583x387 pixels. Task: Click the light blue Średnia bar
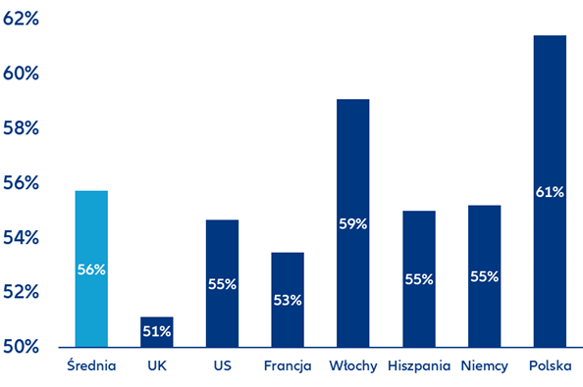[91, 268]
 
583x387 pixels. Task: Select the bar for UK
[157, 332]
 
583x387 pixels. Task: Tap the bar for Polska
[550, 191]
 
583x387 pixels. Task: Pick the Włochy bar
[353, 223]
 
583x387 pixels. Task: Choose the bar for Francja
[288, 300]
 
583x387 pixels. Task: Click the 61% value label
[550, 192]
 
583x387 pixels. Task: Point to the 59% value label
[353, 223]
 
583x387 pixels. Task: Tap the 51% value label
[157, 331]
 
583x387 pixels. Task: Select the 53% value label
[288, 300]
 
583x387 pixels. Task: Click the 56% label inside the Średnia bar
[91, 269]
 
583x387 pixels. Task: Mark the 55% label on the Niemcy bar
[485, 276]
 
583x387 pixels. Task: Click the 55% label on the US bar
[223, 284]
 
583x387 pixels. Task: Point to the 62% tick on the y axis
[21, 19]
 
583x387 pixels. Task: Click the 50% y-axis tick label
[21, 347]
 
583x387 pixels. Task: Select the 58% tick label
[21, 128]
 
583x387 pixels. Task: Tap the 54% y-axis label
[21, 237]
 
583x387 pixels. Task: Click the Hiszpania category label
[419, 366]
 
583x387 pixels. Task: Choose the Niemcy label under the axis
[485, 366]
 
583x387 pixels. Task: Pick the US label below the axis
[223, 365]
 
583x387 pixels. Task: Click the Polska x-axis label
[551, 365]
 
